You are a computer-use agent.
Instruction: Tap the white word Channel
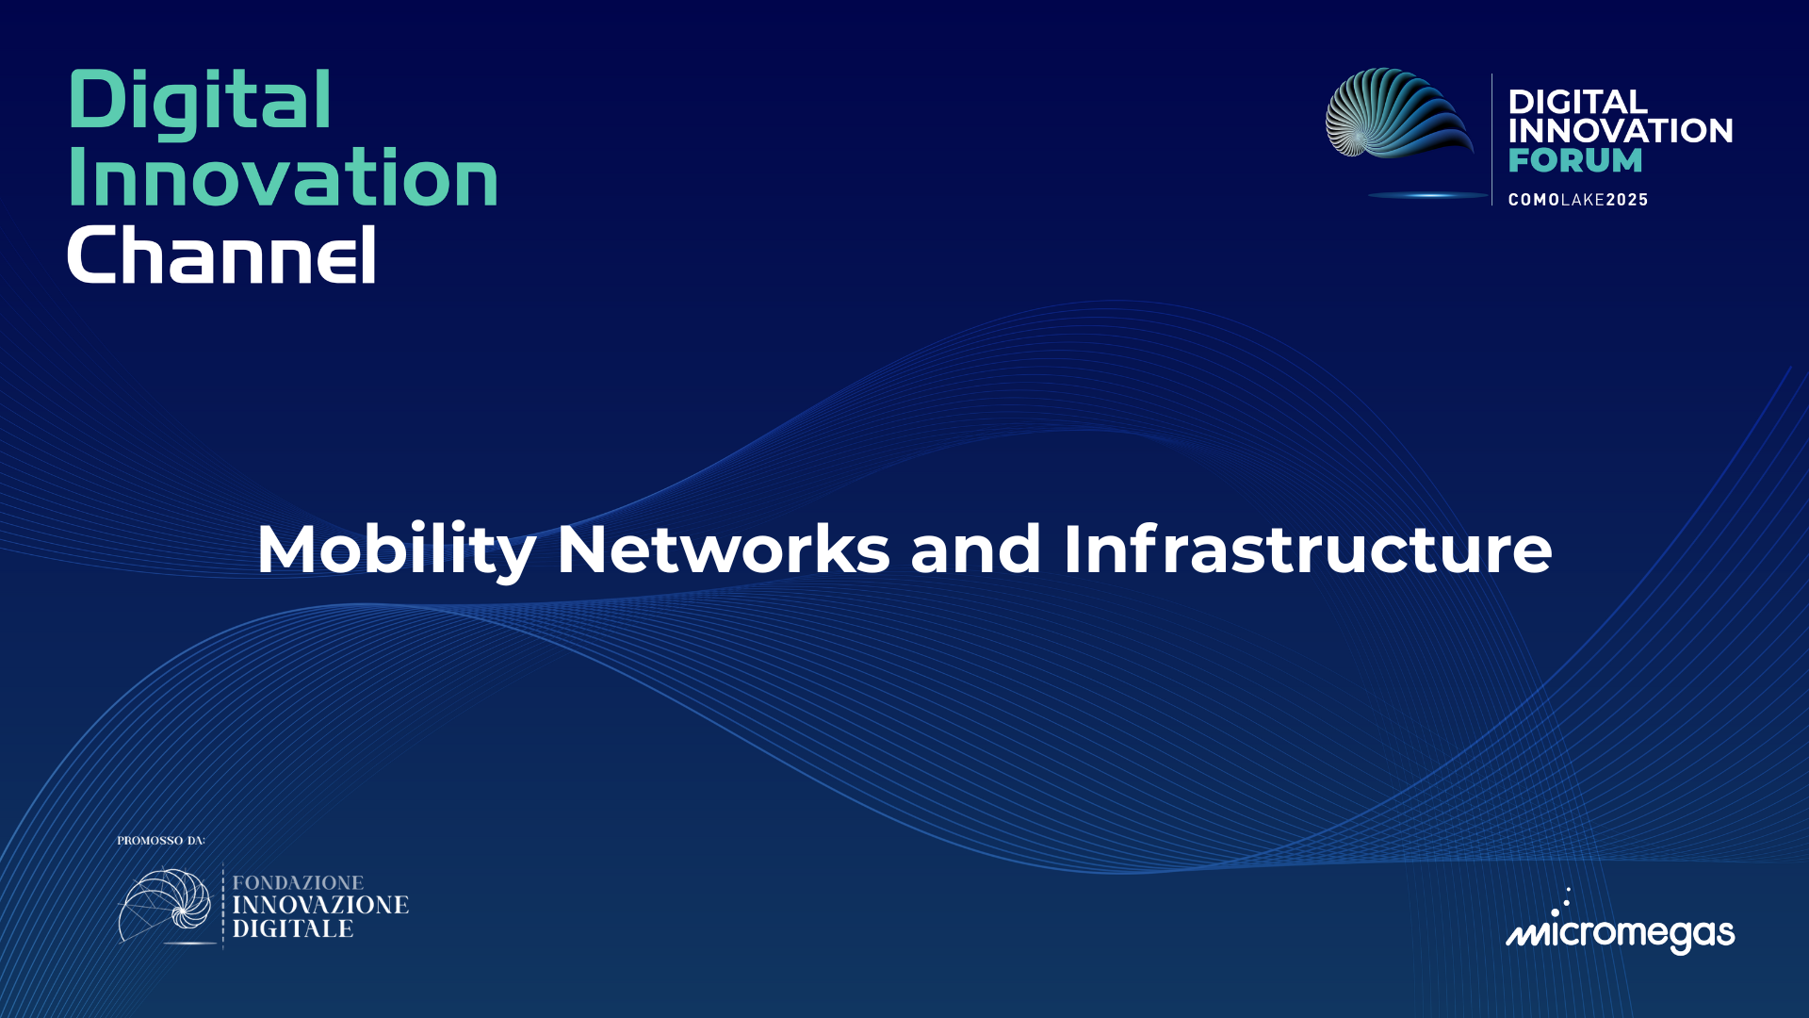click(222, 255)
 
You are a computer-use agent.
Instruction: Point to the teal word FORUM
click(1574, 160)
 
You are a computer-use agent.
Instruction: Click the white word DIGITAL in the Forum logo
click(1577, 102)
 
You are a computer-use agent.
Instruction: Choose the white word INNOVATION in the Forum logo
click(1620, 131)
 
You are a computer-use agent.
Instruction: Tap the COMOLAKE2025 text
click(1578, 200)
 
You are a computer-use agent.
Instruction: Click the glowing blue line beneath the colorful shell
click(1426, 195)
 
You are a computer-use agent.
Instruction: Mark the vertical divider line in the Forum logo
click(1491, 140)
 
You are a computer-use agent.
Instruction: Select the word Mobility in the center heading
click(396, 550)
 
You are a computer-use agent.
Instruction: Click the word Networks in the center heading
click(723, 550)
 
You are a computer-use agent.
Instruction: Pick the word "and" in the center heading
click(975, 550)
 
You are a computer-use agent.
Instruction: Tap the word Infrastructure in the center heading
click(1308, 550)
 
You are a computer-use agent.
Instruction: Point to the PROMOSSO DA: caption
click(161, 841)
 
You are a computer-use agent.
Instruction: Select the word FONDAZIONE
click(298, 883)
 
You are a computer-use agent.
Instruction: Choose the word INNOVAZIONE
click(320, 905)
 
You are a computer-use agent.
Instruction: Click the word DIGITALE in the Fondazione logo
click(293, 928)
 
